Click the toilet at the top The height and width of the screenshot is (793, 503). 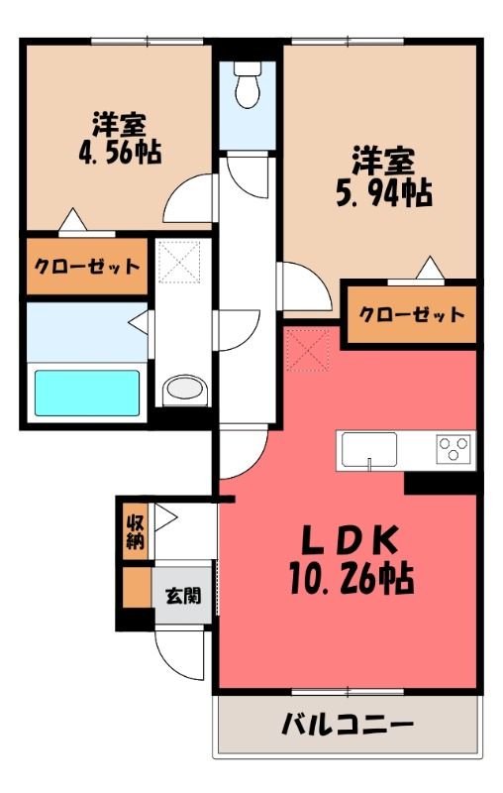coord(248,84)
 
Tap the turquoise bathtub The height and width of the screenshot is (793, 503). coord(87,393)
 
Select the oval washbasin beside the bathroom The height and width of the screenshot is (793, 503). coord(185,390)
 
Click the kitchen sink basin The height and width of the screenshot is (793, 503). coord(369,449)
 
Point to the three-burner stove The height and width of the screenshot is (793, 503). coord(454,449)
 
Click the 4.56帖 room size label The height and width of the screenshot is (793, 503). coord(120,153)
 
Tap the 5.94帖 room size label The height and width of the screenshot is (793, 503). coord(384,193)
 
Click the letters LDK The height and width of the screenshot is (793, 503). coord(350,540)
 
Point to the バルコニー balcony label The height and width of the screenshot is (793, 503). coord(348,726)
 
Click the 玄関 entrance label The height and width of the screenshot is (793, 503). coord(183,596)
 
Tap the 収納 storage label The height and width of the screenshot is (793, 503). coord(136,531)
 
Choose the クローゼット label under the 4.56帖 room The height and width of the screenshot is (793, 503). coord(86,266)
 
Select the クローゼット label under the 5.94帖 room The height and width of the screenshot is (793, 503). coord(412,314)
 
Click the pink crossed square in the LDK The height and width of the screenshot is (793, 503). coord(308,350)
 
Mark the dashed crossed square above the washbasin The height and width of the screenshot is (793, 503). coord(178,262)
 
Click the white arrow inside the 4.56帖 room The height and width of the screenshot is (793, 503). coord(73,220)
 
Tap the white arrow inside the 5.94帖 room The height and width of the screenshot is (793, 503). coord(431,268)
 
